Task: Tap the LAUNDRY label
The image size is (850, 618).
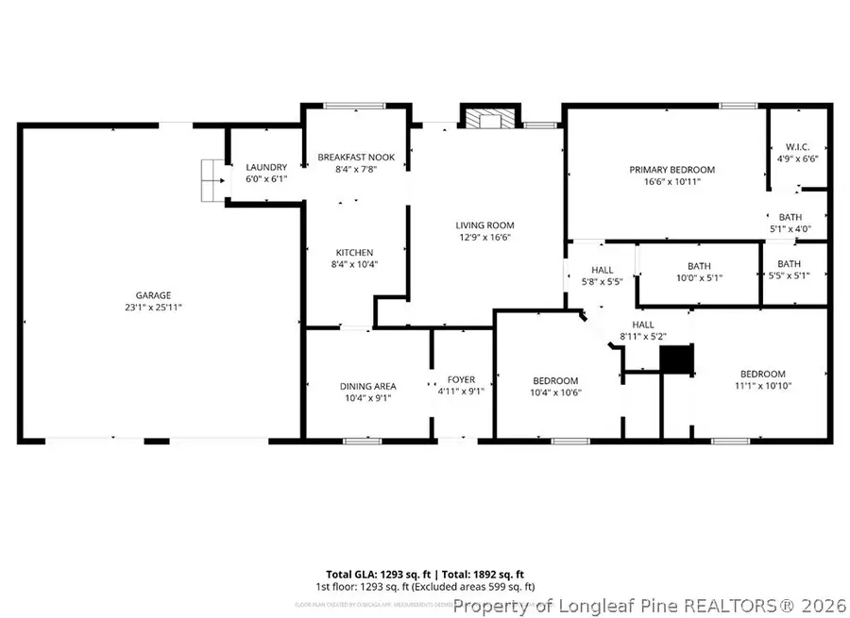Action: (x=265, y=167)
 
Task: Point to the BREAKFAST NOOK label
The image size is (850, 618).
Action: (x=356, y=157)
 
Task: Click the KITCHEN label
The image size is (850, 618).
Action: (x=354, y=252)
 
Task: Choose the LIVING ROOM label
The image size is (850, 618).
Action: (x=484, y=225)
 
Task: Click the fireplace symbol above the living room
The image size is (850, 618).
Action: (x=488, y=118)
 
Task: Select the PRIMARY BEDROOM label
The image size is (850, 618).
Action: (x=671, y=170)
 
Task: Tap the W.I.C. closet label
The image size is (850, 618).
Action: (x=797, y=147)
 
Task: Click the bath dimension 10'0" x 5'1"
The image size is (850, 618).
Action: (x=699, y=278)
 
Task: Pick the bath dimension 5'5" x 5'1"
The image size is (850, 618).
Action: (x=790, y=276)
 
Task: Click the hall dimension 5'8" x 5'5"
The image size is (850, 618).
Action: (x=603, y=281)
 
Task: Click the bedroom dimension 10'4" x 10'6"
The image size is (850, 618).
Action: (x=554, y=393)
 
